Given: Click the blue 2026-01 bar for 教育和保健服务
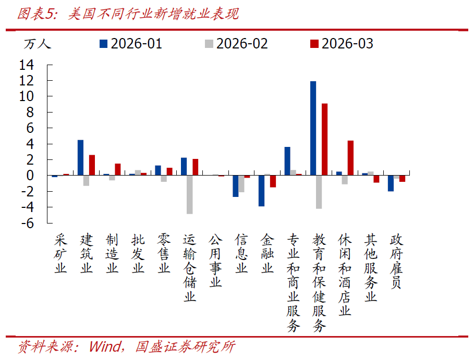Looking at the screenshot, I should [313, 128].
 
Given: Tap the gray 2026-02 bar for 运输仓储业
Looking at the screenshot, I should [190, 194].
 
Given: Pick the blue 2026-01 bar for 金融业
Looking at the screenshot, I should [261, 191].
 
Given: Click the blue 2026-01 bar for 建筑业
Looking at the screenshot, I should [80, 157].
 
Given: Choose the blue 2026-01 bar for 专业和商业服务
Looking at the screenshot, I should [287, 161].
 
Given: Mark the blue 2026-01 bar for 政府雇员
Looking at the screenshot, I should [391, 183].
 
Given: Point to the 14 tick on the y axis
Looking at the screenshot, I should [27, 65].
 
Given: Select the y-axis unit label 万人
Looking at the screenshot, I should [37, 44].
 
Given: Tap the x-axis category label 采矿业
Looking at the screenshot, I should [61, 254].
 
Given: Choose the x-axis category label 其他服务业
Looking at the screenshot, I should [371, 267].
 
